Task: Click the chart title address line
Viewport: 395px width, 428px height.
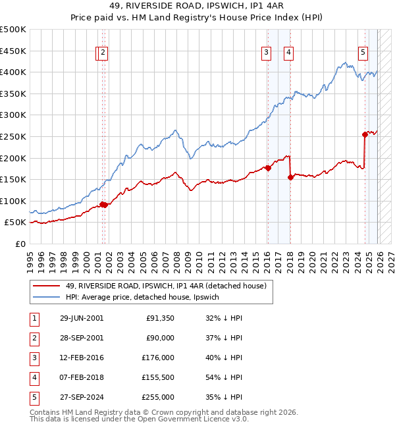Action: [197, 7]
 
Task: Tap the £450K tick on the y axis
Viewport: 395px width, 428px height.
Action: [13, 51]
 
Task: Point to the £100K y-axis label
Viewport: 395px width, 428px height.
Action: [13, 201]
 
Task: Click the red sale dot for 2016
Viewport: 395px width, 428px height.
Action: [268, 168]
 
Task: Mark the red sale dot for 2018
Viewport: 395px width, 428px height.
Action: [290, 176]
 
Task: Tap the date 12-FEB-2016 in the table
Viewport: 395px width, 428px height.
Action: [81, 358]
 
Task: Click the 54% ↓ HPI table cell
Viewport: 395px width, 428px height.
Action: [219, 377]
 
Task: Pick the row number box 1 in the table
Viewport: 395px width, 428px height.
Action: [34, 318]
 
